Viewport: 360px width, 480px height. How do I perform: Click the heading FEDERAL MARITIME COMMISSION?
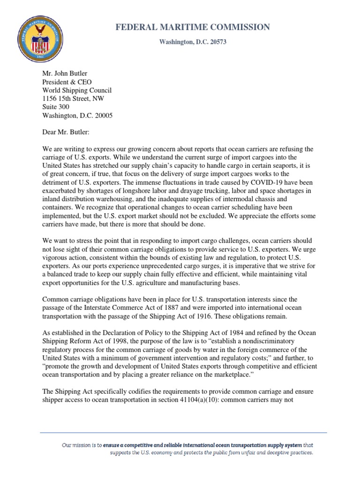click(x=193, y=28)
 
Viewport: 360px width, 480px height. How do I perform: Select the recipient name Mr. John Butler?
click(x=65, y=73)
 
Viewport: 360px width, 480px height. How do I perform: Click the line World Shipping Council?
click(x=77, y=90)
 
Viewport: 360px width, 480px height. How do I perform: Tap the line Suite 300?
click(x=57, y=107)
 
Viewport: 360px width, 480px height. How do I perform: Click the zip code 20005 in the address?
click(x=102, y=115)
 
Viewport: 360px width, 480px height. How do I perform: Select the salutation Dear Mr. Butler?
click(x=68, y=132)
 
